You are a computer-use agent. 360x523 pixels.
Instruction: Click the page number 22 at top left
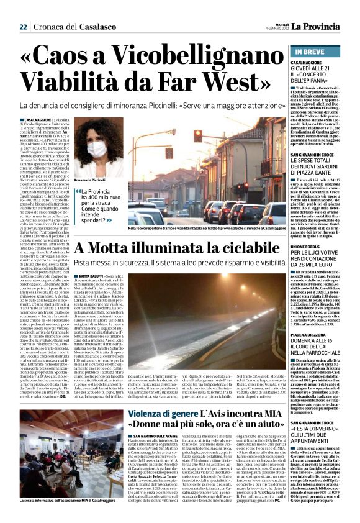(x=23, y=27)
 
